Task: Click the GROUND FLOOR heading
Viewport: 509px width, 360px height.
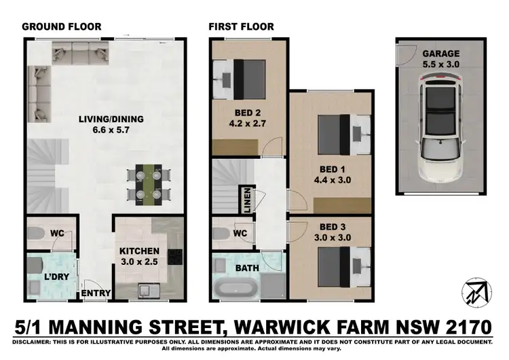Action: coord(62,27)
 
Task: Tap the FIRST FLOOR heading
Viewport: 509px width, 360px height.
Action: coord(241,27)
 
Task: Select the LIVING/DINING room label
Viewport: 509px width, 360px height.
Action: coord(111,125)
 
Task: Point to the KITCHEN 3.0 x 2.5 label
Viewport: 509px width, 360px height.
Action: coord(139,255)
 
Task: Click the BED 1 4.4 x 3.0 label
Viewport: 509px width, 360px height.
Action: coord(331,175)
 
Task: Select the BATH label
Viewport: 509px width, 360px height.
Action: coord(246,268)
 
